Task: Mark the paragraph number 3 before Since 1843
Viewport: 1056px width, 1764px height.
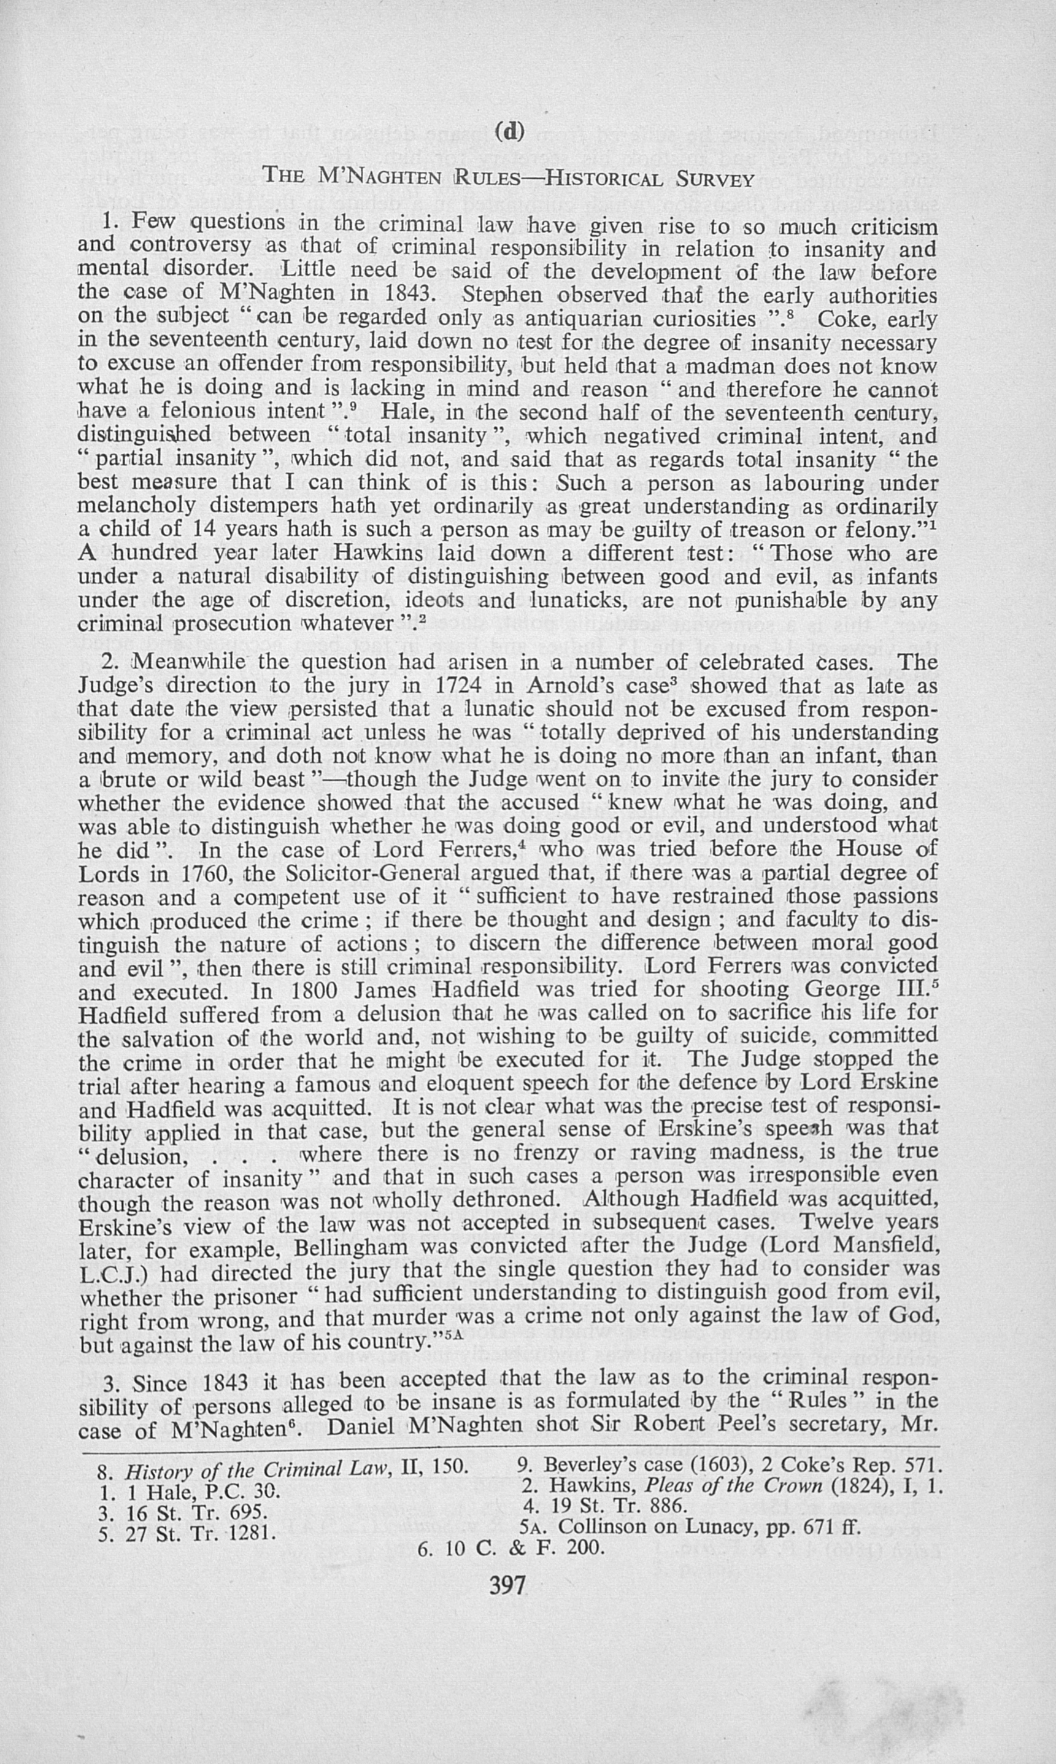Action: click(110, 1385)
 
